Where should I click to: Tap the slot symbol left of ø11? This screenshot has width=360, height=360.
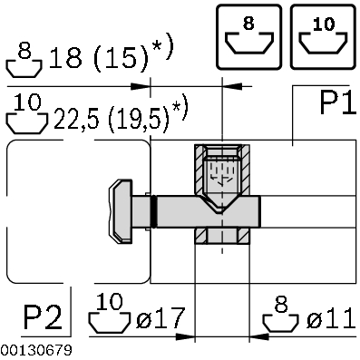pos(279,317)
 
